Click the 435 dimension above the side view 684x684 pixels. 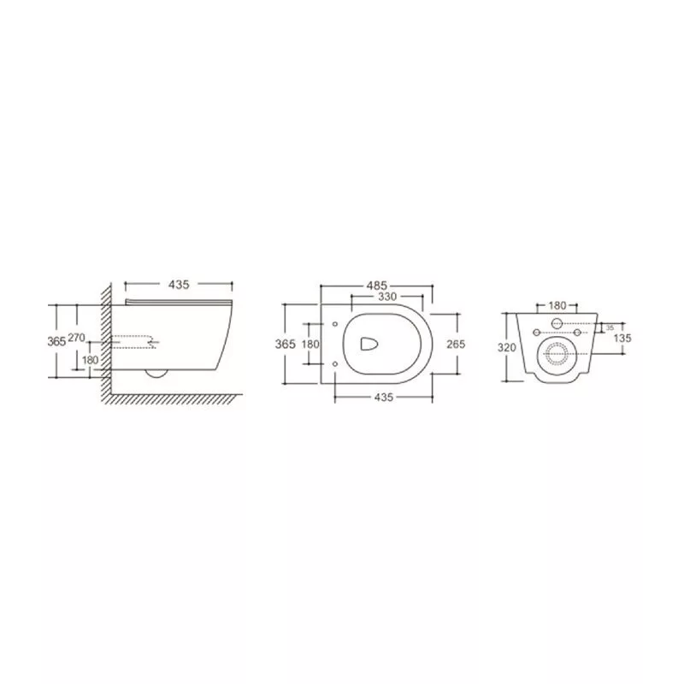pos(179,283)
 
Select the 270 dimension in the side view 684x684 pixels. pos(76,339)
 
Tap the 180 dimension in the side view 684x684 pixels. pos(90,360)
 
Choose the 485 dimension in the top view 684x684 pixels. pos(378,285)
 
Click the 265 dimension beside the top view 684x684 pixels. pos(455,344)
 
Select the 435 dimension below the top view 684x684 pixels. pos(383,397)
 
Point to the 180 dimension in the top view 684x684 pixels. pos(311,344)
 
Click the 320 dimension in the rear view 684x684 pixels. pos(508,348)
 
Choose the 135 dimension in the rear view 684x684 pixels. pos(623,338)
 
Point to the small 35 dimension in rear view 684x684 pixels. pos(610,327)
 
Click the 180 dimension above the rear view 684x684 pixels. pos(557,305)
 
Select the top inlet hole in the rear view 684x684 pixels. pos(557,324)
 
